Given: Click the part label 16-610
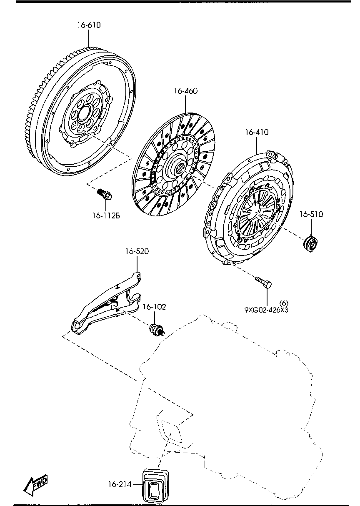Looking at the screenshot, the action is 89,25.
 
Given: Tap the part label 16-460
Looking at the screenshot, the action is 186,91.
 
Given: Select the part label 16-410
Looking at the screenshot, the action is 257,132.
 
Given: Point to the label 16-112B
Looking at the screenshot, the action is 106,216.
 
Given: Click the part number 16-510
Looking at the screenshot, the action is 311,214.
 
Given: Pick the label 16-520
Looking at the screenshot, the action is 137,251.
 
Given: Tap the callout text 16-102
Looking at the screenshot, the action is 154,307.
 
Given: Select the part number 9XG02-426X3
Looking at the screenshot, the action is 267,310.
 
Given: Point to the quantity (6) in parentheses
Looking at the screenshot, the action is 284,303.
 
